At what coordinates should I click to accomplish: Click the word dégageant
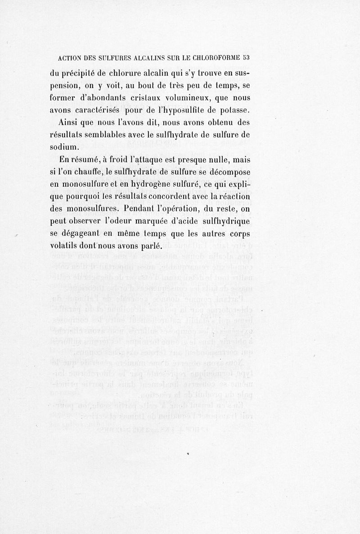(86, 235)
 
